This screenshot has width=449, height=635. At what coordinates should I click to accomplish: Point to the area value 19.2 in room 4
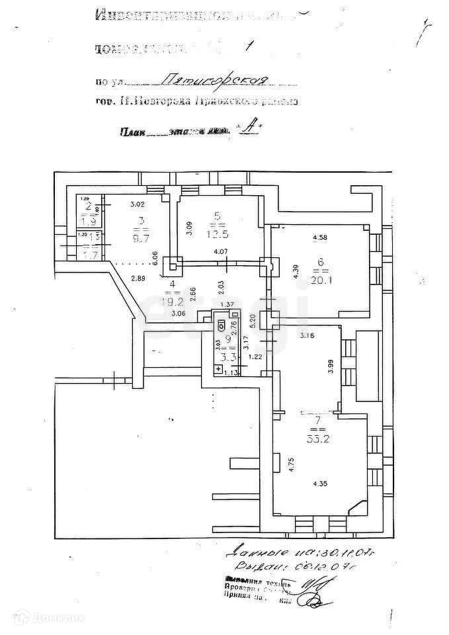173,298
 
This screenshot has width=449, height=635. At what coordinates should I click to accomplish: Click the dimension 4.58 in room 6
320,237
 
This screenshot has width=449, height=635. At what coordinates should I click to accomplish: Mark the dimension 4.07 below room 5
220,252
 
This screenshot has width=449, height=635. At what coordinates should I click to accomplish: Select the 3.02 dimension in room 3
137,204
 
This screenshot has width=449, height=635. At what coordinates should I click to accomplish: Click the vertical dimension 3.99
331,366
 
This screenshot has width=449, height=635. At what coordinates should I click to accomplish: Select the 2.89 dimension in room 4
138,278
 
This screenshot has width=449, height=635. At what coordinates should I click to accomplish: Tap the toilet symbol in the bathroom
221,325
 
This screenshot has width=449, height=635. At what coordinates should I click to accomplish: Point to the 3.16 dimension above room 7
306,336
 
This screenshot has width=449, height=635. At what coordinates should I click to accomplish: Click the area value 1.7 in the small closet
85,252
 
